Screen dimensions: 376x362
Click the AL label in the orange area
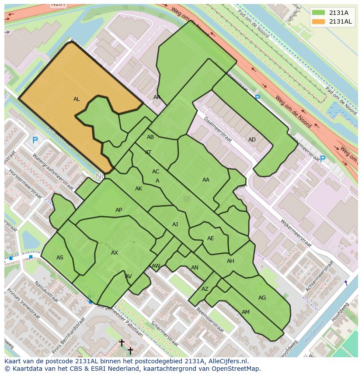(77, 99)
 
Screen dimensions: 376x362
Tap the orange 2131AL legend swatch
(319, 21)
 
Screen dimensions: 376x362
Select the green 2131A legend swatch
(319, 13)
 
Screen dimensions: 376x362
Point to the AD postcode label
(252, 140)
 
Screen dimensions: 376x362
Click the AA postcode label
(205, 179)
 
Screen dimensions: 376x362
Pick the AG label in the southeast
(262, 298)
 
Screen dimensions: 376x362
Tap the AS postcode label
(60, 258)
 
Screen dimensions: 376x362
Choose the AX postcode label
(115, 253)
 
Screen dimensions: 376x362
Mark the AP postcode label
(118, 210)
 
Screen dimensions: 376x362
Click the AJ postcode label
(175, 224)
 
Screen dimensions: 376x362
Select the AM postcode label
(246, 312)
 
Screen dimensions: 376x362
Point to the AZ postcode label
(205, 289)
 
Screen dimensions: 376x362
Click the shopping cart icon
(187, 199)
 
